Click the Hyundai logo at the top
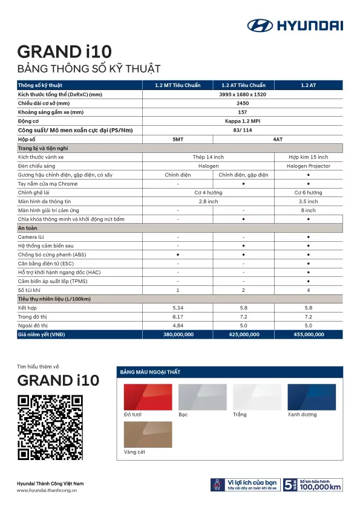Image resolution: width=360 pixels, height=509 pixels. point(295,25)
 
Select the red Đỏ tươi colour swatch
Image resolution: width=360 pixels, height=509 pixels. point(148,397)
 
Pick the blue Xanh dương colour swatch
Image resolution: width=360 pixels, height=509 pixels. point(312,397)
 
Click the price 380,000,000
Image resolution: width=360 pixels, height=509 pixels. point(178,334)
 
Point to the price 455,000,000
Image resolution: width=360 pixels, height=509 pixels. point(309,334)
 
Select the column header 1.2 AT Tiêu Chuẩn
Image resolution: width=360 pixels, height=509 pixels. point(243,85)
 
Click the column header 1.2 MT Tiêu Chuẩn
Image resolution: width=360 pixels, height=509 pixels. point(178,85)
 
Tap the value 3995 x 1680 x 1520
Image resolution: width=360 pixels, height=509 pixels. point(243,94)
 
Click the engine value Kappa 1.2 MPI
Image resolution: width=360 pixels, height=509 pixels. point(243,121)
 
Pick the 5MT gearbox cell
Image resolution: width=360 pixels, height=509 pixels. point(178,139)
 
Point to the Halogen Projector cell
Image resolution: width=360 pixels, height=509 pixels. point(309,166)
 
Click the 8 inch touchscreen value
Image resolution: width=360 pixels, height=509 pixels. point(309,210)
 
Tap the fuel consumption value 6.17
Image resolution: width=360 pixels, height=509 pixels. point(178,317)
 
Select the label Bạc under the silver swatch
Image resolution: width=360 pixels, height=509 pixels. point(183,415)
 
